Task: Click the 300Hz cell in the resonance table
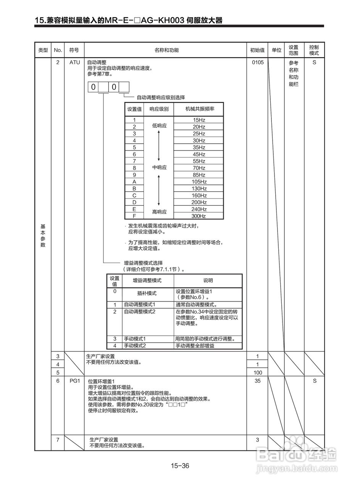pyautogui.click(x=199, y=216)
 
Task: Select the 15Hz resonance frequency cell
pyautogui.click(x=199, y=120)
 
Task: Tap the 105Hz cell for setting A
pyautogui.click(x=199, y=182)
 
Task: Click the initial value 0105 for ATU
pyautogui.click(x=258, y=63)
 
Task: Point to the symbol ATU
pyautogui.click(x=74, y=63)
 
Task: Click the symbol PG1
pyautogui.click(x=74, y=381)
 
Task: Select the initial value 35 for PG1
pyautogui.click(x=258, y=381)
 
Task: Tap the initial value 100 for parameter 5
pyautogui.click(x=258, y=372)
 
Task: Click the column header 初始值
pyautogui.click(x=257, y=50)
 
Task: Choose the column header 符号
pyautogui.click(x=74, y=50)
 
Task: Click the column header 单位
pyautogui.click(x=276, y=50)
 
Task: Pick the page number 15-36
pyautogui.click(x=180, y=466)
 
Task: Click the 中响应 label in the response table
pyautogui.click(x=160, y=168)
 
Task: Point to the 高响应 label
pyautogui.click(x=160, y=212)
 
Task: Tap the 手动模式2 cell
pyautogui.click(x=136, y=346)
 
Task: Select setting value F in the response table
pyautogui.click(x=134, y=216)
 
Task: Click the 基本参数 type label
pyautogui.click(x=43, y=236)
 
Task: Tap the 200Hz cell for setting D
pyautogui.click(x=199, y=202)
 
